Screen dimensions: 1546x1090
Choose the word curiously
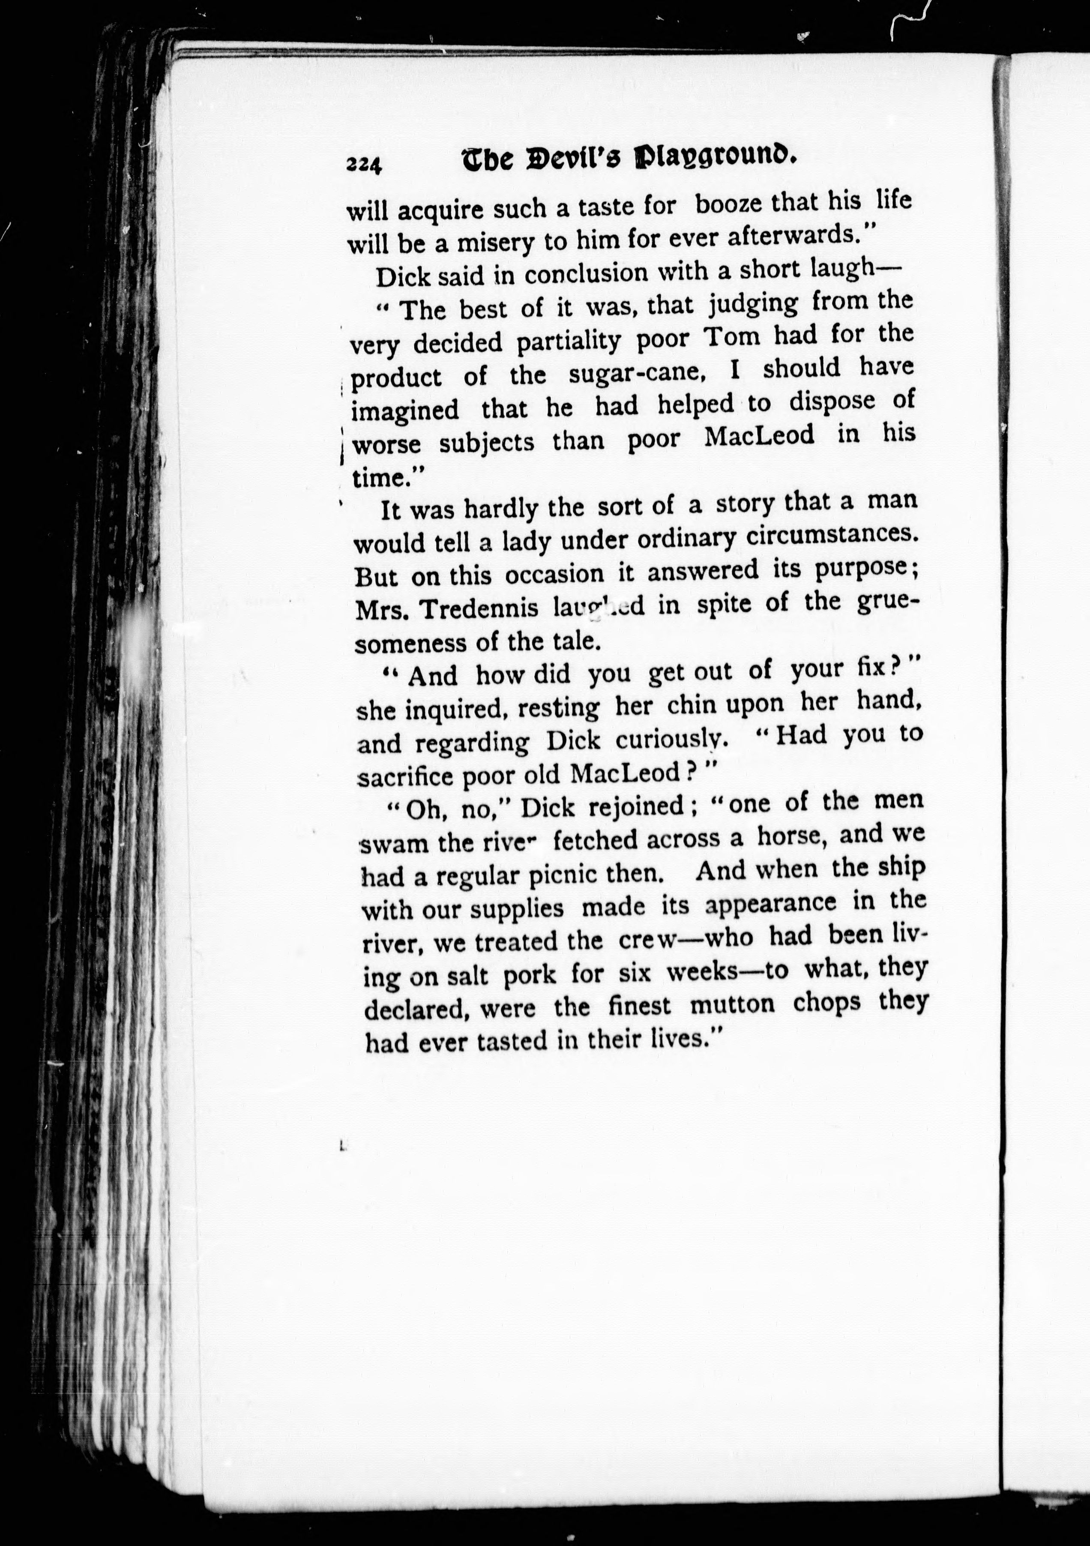click(672, 739)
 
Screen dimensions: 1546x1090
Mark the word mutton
click(733, 1005)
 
